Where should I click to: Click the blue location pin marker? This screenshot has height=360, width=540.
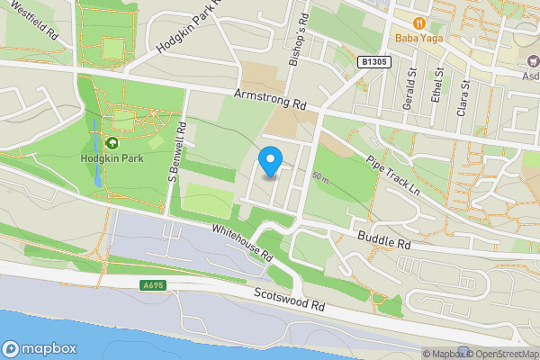click(x=270, y=162)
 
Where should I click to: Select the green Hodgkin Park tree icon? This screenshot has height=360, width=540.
click(x=112, y=143)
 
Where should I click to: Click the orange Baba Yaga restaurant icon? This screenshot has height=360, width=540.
click(x=418, y=22)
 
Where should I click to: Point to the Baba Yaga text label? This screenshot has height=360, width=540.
click(x=418, y=39)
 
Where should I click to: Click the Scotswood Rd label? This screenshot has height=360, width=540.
click(x=289, y=300)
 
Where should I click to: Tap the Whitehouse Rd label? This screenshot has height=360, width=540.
click(x=242, y=241)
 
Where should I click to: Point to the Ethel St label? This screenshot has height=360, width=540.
click(x=438, y=85)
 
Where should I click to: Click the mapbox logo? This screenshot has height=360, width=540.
click(x=40, y=348)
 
